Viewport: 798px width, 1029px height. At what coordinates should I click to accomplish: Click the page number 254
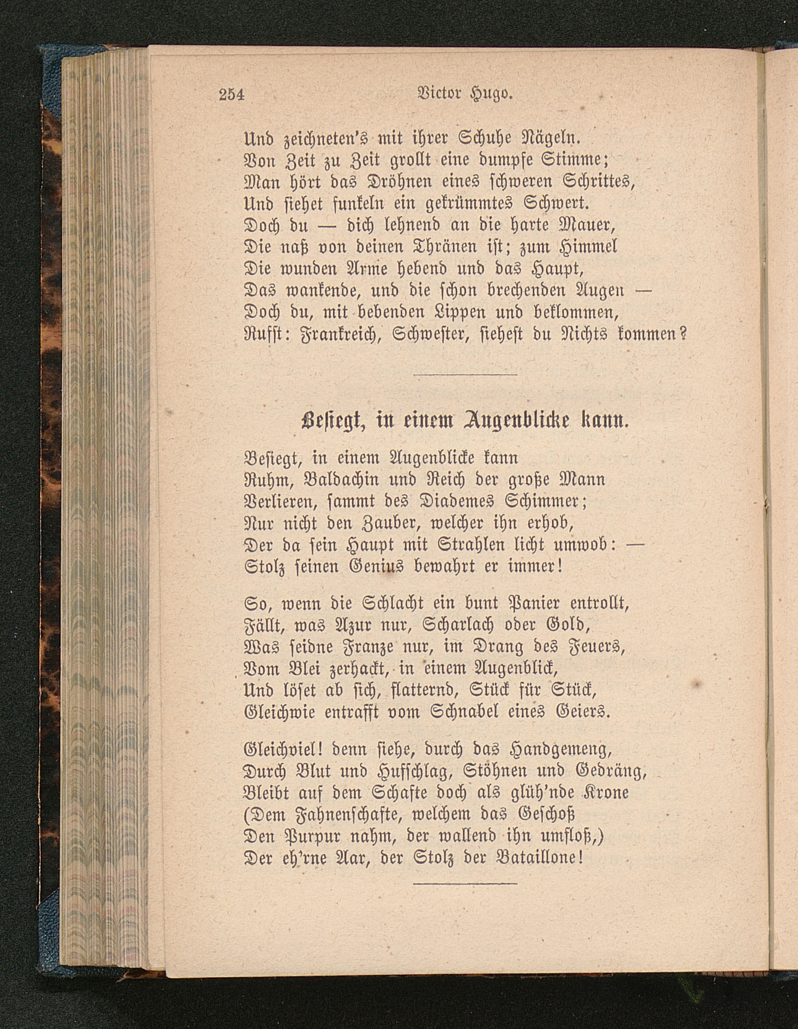232,94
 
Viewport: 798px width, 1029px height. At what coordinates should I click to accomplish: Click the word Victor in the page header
440,94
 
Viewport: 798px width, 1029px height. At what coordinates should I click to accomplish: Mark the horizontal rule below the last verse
465,883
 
